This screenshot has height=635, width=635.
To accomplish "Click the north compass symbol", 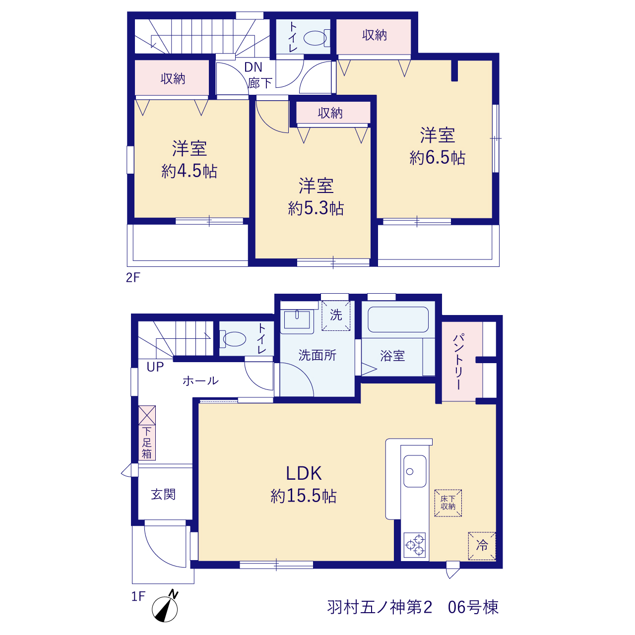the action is coord(165,608).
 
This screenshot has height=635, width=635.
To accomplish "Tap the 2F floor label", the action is coord(133,277).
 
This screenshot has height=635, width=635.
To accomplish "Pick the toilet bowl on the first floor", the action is coord(233,339).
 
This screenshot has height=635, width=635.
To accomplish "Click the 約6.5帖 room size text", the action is coord(437,158).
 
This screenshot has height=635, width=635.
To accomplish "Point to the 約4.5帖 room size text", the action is coord(189,171).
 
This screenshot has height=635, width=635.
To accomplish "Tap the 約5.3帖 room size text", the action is coord(316,208).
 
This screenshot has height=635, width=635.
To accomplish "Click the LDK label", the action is coord(304,473).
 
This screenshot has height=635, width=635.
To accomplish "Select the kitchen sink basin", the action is coord(415,471).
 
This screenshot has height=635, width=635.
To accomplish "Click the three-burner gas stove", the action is coord(415,545).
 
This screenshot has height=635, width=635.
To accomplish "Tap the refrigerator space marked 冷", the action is coord(482,546).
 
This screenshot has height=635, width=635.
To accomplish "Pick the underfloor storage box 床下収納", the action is coord(448,503).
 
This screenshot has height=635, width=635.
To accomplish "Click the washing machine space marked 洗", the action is coord(336,316).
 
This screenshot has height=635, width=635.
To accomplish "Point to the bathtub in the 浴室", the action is coord(398,319).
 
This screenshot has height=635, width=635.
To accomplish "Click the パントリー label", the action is coord(459,362).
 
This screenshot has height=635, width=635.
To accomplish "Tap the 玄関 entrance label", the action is coord(163,494).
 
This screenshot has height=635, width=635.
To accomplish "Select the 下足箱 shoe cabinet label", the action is coord(147,443).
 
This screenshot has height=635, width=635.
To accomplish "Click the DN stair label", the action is coord(253,67).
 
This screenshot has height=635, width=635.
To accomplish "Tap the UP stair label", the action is coord(155,367).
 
